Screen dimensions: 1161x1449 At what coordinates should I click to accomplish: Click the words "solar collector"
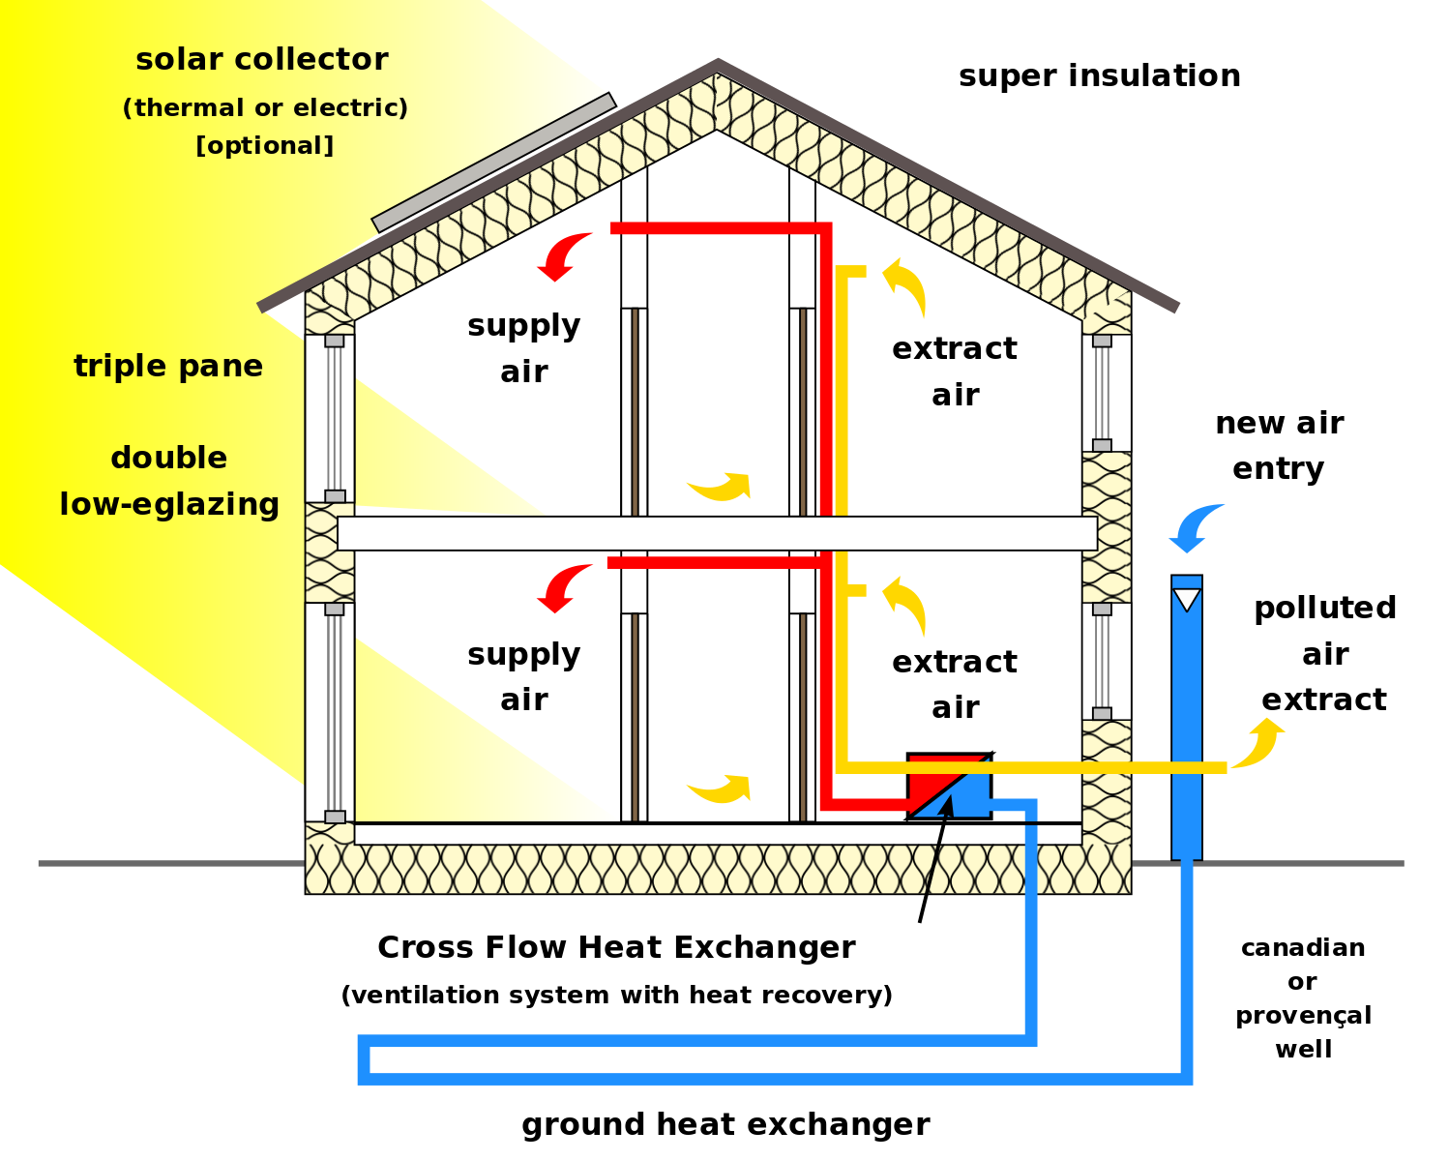coord(262,60)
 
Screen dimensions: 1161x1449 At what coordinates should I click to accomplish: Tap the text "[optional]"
coord(264,146)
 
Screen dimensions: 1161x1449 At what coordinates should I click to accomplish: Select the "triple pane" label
coord(168,367)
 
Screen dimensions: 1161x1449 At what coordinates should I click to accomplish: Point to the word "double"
coord(169,459)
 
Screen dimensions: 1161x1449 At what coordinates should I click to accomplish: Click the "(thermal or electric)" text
coord(265,108)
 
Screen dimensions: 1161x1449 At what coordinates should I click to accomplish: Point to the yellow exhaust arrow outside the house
coord(1258,742)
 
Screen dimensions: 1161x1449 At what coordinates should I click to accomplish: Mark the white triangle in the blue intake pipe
coord(1186,600)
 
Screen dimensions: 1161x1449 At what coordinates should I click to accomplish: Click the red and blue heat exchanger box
coord(949,787)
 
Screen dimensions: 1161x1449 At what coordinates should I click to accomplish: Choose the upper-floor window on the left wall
coord(330,418)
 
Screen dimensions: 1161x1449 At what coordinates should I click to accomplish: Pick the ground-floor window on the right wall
coord(1107,662)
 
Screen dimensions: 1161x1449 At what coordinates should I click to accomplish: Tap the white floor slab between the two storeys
coord(717,533)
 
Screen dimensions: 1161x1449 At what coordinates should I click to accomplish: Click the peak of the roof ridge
coord(718,64)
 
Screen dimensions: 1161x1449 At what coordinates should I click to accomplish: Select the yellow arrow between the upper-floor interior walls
coord(721,486)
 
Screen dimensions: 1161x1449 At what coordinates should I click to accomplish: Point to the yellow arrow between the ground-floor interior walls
coord(721,789)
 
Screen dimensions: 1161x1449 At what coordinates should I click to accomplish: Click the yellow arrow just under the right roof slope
coord(906,285)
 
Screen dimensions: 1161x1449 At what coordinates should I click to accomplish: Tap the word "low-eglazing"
coord(169,505)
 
